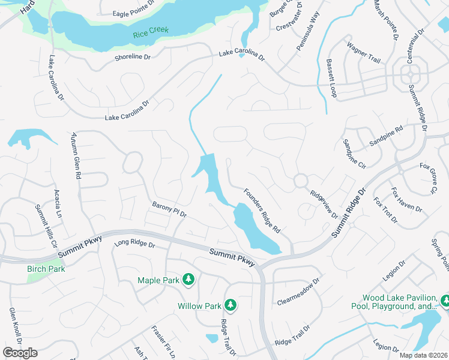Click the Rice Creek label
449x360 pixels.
[x=151, y=30]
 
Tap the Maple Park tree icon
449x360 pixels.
[x=188, y=280]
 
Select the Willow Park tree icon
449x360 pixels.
[x=230, y=305]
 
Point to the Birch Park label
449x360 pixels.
[x=46, y=268]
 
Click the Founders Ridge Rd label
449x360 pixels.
[x=262, y=211]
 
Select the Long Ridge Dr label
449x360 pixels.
[x=134, y=245]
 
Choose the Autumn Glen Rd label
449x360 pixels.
[x=76, y=155]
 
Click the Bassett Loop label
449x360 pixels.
[x=331, y=78]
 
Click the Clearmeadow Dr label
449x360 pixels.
[x=298, y=290]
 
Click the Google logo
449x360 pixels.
[x=20, y=353]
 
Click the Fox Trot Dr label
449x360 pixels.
[x=385, y=210]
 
